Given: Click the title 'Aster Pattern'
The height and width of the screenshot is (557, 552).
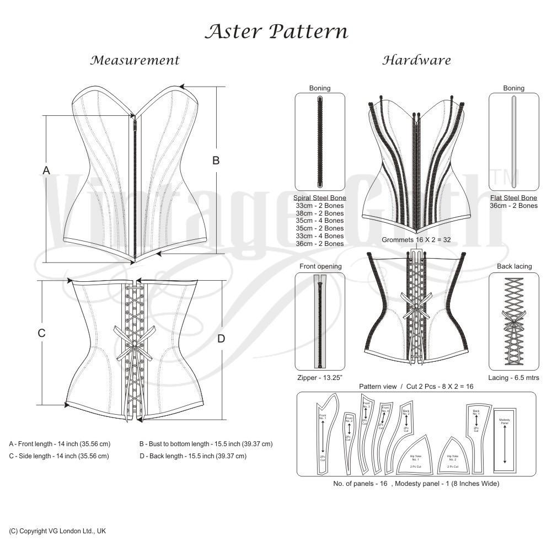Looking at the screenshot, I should click(x=276, y=31).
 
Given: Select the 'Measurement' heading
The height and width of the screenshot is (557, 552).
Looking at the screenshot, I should click(x=135, y=60).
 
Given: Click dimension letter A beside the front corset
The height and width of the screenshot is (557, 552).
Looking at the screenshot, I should click(x=46, y=170).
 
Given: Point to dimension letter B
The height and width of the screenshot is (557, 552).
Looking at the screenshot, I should click(x=216, y=160).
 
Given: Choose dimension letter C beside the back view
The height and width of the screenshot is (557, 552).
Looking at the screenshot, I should click(x=41, y=333).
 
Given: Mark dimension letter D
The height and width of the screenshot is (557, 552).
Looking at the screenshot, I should click(x=221, y=339).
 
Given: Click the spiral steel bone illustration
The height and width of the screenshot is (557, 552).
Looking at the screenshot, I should click(x=320, y=142).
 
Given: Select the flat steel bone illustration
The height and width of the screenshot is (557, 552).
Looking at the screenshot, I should click(x=514, y=142).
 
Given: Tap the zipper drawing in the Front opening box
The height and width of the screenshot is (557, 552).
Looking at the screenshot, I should click(x=320, y=322).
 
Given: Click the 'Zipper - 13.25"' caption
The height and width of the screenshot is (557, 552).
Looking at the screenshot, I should click(x=320, y=378).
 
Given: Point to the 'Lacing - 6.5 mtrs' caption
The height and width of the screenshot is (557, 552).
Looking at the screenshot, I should click(x=514, y=378).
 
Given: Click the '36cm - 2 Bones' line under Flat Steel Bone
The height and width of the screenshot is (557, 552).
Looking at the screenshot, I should click(x=514, y=206).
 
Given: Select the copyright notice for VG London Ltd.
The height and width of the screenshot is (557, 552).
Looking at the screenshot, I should click(x=57, y=531).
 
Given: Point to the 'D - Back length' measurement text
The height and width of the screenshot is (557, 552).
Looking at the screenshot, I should click(x=193, y=456).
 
